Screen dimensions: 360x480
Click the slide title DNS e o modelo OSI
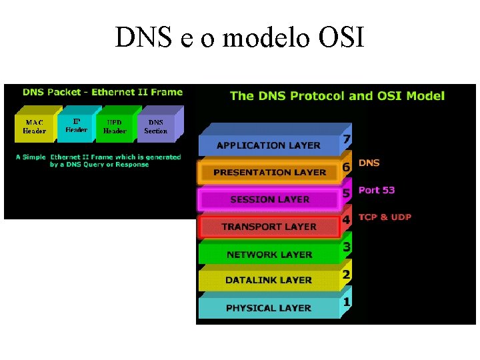pyautogui.click(x=240, y=37)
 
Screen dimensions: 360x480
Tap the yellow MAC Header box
pyautogui.click(x=35, y=127)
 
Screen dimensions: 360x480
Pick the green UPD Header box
pyautogui.click(x=115, y=127)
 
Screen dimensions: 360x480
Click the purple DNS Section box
pyautogui.click(x=155, y=127)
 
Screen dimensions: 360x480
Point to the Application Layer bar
pyautogui.click(x=269, y=145)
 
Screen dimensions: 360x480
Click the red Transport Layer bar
pyautogui.click(x=269, y=227)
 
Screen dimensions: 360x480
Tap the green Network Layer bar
pyautogui.click(x=269, y=254)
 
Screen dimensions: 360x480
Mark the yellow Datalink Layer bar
pyautogui.click(x=269, y=281)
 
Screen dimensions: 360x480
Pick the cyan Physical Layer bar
pyautogui.click(x=269, y=308)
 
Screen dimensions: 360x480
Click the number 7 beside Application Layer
pyautogui.click(x=346, y=139)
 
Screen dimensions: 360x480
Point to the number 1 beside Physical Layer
pyautogui.click(x=346, y=302)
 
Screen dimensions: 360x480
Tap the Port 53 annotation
pyautogui.click(x=377, y=190)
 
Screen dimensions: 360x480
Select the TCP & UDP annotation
pyautogui.click(x=385, y=217)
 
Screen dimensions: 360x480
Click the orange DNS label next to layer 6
pyautogui.click(x=369, y=163)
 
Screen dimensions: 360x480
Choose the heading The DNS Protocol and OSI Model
pyautogui.click(x=337, y=95)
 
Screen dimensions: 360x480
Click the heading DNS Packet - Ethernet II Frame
pyautogui.click(x=102, y=92)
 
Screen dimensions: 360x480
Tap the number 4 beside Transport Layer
pyautogui.click(x=346, y=220)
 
